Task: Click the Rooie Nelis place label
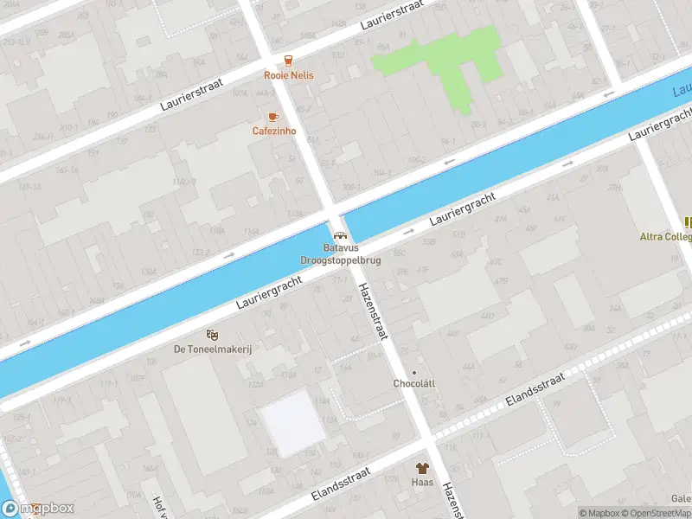[289, 75]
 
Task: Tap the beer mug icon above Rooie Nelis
[289, 61]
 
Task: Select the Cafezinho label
[274, 131]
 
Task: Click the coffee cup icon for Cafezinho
[273, 117]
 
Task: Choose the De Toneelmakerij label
[212, 349]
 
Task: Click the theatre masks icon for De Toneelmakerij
[212, 334]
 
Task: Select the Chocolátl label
[413, 383]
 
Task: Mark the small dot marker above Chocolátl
[413, 373]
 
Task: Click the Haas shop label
[422, 482]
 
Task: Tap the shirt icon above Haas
[423, 467]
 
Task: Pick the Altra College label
[666, 236]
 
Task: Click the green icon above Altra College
[688, 222]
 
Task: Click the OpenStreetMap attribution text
[657, 513]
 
